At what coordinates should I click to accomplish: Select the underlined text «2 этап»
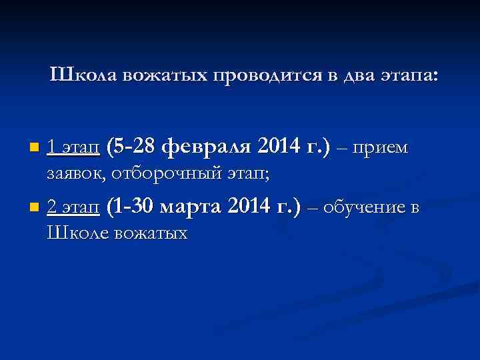[x=73, y=208]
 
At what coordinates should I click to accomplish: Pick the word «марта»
[x=193, y=207]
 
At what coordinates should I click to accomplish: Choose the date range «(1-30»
[x=131, y=207]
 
